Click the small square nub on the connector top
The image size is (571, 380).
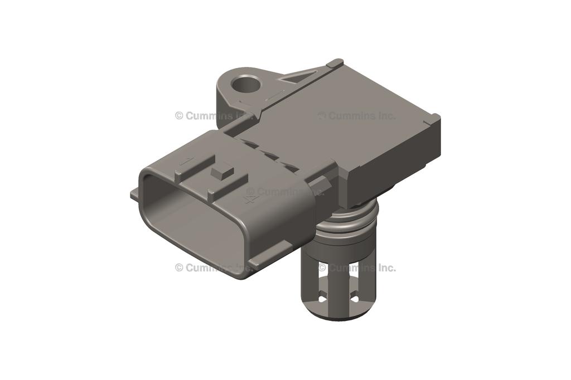[x=222, y=170]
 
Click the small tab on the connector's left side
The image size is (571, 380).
[x=134, y=194]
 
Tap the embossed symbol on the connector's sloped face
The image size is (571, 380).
[x=250, y=196]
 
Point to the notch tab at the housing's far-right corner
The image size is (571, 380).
[x=433, y=118]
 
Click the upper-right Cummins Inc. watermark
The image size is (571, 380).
[x=357, y=116]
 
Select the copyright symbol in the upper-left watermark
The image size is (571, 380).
[x=179, y=116]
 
